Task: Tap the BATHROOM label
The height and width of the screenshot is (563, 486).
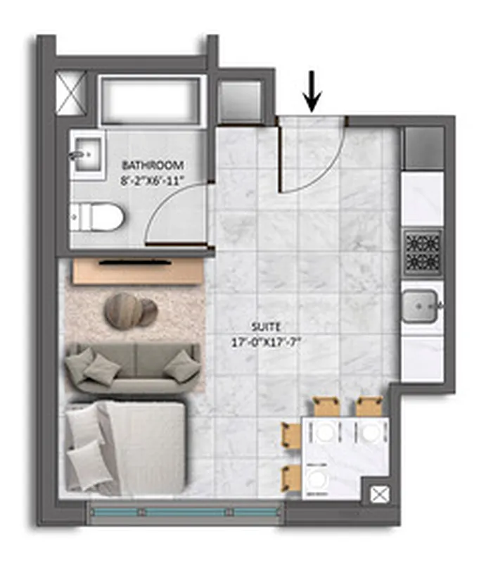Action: pyautogui.click(x=153, y=165)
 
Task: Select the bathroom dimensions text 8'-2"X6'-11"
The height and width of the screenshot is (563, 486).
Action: pyautogui.click(x=153, y=181)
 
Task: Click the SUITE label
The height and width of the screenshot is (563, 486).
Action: pyautogui.click(x=265, y=327)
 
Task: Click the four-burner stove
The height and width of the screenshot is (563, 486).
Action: pyautogui.click(x=422, y=252)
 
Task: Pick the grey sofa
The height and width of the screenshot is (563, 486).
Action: pyautogui.click(x=132, y=368)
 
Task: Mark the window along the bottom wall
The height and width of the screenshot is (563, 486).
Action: pyautogui.click(x=187, y=512)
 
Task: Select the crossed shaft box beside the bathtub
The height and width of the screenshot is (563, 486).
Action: pyautogui.click(x=71, y=93)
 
